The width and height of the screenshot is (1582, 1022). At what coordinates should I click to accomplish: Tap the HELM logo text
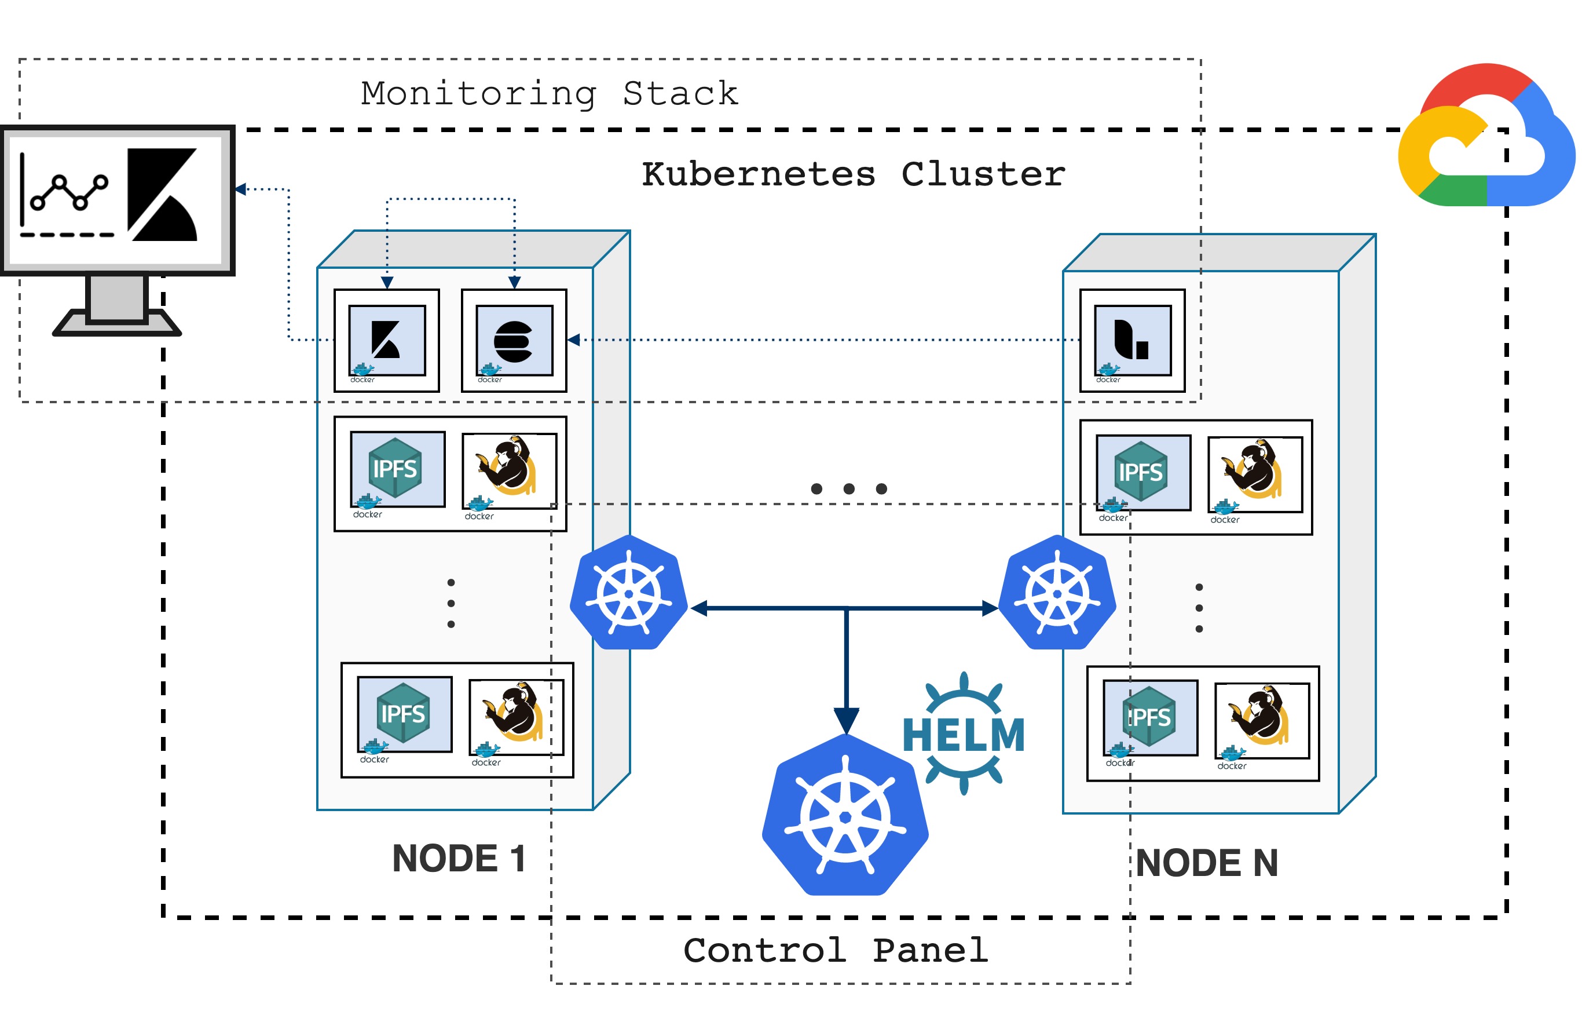963,734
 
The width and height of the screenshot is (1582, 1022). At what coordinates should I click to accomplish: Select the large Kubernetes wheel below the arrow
844,816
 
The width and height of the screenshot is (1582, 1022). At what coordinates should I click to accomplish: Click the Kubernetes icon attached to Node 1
628,593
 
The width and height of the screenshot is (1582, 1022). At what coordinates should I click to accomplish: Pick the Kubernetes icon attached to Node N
1057,593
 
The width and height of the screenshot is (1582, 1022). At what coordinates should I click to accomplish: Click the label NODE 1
459,858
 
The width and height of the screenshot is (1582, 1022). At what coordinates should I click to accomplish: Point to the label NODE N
1206,863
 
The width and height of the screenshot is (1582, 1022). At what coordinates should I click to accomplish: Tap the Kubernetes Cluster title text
852,174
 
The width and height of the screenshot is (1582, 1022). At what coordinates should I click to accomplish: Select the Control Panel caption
835,950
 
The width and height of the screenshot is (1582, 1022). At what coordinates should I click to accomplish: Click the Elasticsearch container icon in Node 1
514,341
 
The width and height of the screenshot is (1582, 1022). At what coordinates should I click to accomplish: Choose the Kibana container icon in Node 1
386,341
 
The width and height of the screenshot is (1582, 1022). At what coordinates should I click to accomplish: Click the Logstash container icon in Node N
1131,341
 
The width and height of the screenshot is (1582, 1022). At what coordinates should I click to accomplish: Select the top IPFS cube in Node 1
396,469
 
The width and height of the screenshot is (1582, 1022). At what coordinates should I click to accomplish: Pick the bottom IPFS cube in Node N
1149,717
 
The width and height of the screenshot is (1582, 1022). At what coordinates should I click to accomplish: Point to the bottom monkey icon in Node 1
515,716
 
